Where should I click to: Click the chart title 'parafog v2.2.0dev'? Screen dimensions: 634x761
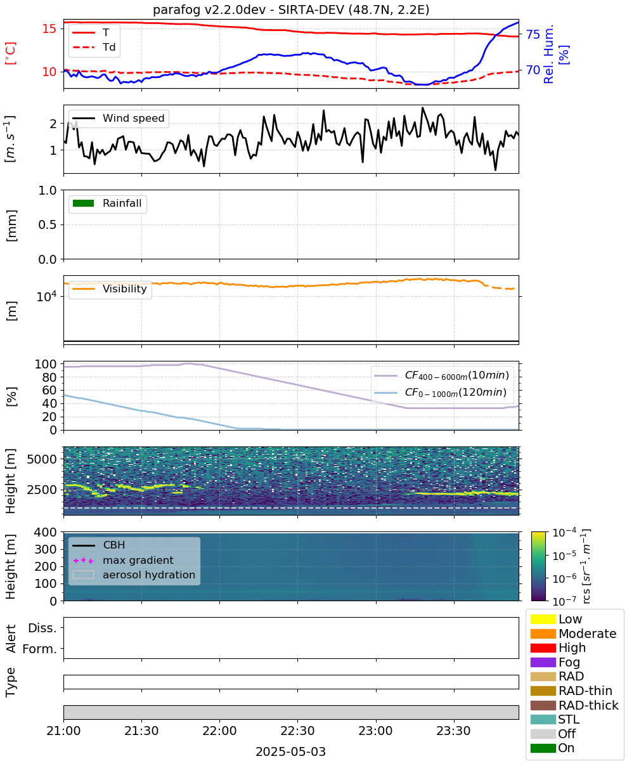209,10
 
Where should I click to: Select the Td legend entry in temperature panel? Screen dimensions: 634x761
94,47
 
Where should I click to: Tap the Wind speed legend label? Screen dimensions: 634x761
133,118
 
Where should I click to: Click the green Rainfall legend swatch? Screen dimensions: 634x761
83,203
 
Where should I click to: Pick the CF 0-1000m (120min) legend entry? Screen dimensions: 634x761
441,393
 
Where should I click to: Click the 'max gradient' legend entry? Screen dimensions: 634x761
123,560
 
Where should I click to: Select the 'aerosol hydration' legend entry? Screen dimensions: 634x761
134,575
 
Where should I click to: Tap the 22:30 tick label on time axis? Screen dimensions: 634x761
297,731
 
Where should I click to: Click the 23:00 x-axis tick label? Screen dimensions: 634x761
376,731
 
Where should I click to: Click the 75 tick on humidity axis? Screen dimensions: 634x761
533,34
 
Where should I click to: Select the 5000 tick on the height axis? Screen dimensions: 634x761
42,459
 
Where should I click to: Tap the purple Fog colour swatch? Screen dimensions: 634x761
543,662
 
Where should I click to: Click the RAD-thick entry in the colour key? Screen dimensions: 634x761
574,705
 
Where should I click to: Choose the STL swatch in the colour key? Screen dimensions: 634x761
543,719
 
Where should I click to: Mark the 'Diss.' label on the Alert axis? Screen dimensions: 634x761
42,628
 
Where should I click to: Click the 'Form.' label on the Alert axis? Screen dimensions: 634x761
40,649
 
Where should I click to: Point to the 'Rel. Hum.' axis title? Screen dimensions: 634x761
548,54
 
